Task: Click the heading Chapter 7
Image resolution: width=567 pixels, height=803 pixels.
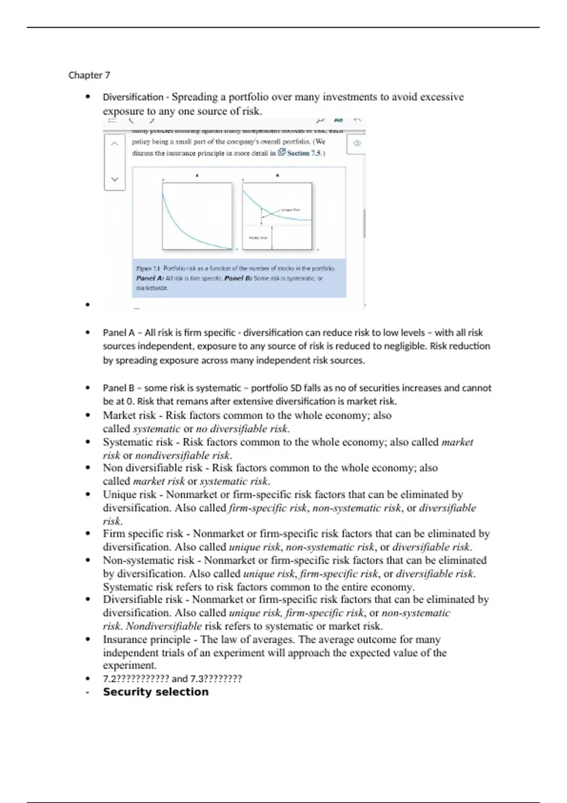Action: click(89, 75)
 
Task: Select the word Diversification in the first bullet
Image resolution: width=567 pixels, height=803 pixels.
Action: click(133, 97)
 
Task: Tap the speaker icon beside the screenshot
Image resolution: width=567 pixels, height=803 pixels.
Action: click(357, 143)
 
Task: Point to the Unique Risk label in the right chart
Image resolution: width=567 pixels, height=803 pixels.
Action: click(290, 210)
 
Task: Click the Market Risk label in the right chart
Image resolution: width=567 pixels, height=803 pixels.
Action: click(258, 238)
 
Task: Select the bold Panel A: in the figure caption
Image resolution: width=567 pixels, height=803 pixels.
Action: click(150, 278)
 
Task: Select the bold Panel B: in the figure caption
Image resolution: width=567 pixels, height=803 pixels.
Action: click(238, 278)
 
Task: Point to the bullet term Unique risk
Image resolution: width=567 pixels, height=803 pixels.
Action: click(129, 495)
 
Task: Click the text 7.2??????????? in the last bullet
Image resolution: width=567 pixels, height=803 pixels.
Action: click(136, 679)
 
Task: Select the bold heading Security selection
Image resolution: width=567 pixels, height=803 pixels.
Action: click(155, 692)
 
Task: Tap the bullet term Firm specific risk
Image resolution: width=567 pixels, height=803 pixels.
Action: click(143, 534)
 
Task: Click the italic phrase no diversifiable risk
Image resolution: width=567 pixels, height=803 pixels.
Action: click(241, 429)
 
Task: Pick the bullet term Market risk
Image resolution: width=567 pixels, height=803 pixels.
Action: click(129, 416)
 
